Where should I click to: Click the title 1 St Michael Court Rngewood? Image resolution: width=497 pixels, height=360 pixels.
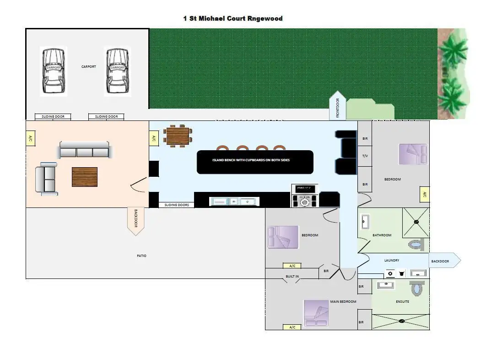coord(232,19)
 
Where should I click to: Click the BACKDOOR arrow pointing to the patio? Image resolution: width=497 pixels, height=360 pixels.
coord(135,221)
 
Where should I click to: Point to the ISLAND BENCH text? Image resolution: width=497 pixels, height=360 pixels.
coord(251,160)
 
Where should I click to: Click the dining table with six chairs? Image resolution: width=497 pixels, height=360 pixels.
coord(178,136)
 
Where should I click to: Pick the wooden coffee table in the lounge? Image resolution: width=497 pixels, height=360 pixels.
coord(85,177)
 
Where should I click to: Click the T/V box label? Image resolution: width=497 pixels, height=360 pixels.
coord(365,156)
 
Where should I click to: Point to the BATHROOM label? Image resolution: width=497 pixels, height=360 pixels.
coord(382,235)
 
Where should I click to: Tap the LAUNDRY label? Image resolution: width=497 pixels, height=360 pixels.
coord(392,261)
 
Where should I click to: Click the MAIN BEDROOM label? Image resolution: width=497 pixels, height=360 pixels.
coord(343,302)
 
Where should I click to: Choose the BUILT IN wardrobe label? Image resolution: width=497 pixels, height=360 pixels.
coord(292,276)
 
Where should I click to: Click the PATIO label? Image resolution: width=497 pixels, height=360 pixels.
coord(142,256)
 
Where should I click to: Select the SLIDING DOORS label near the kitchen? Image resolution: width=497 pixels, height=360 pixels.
coord(177,205)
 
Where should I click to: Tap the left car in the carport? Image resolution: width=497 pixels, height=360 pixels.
coord(53,71)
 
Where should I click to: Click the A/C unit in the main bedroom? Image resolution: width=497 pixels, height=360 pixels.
coord(292,327)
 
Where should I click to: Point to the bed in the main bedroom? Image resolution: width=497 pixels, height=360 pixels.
coord(316,314)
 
